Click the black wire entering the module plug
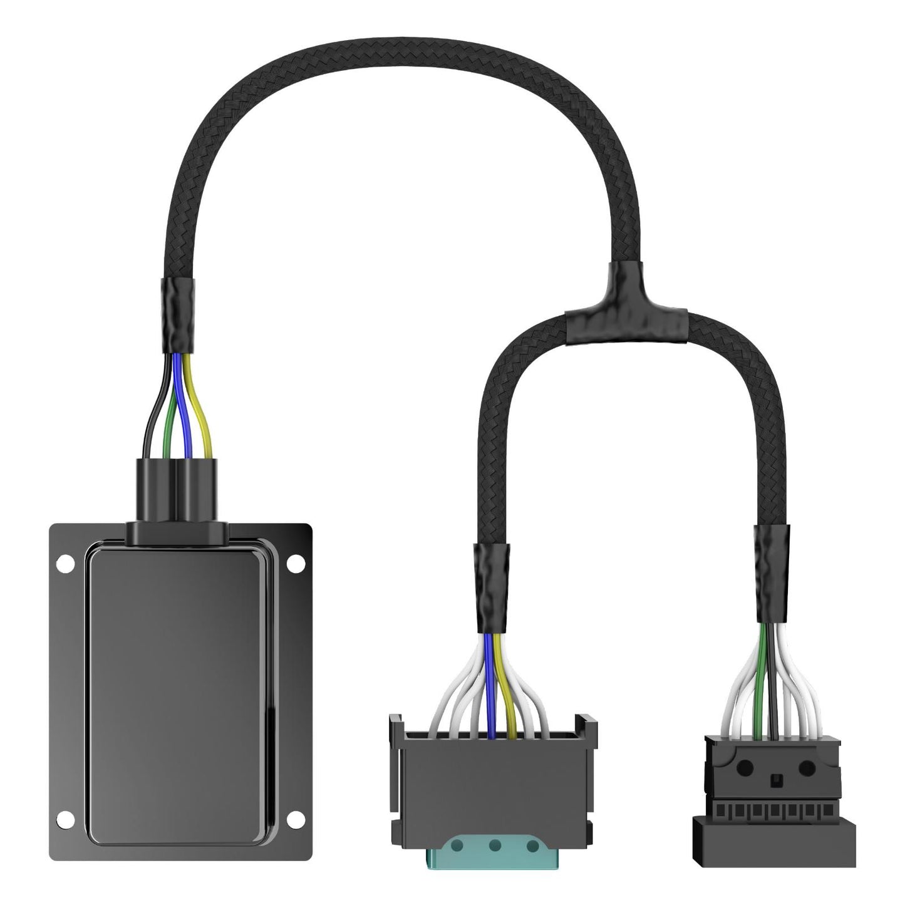(x=148, y=426)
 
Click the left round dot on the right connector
(x=747, y=765)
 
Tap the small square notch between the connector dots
(x=775, y=780)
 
